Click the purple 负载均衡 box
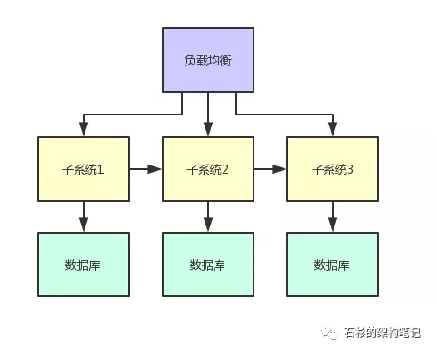click(208, 60)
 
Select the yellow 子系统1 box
click(83, 169)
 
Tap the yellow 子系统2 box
click(208, 169)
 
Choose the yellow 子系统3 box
click(333, 169)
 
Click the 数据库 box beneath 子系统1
click(83, 265)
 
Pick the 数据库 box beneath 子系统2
click(208, 265)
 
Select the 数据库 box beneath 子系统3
click(333, 265)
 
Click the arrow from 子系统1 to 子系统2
click(145, 168)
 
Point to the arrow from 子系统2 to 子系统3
click(270, 168)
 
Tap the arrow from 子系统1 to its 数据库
click(83, 216)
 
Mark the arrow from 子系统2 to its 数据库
click(208, 216)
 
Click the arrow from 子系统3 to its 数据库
click(333, 216)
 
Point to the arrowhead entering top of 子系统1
click(83, 131)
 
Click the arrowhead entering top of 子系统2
click(208, 131)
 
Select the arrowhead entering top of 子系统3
click(333, 131)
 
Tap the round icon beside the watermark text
click(328, 334)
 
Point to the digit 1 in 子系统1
click(102, 169)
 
